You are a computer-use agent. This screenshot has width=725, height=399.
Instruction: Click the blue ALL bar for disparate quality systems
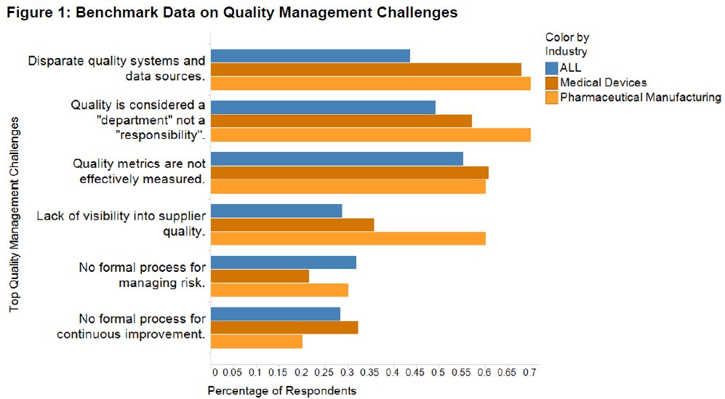(x=310, y=56)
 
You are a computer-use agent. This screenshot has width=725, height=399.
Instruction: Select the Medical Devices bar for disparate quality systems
(x=366, y=69)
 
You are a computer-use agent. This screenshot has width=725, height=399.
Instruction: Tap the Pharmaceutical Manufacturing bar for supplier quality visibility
(x=348, y=238)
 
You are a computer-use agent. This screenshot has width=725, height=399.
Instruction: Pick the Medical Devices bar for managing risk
(x=260, y=276)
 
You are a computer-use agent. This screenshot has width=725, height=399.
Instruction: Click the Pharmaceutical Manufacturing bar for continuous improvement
(x=256, y=342)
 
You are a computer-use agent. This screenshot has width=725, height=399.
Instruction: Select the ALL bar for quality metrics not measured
(x=337, y=159)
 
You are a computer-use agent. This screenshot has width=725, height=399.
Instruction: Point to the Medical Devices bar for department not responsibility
(x=341, y=121)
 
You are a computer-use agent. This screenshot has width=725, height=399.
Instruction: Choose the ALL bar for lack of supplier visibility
(x=276, y=211)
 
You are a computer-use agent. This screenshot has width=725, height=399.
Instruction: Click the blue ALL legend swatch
(x=551, y=68)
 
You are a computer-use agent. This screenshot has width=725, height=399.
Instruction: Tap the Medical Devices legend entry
(x=603, y=83)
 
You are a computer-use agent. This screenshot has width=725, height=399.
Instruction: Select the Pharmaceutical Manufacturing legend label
(x=640, y=97)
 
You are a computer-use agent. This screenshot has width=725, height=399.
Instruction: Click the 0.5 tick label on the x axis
(x=438, y=372)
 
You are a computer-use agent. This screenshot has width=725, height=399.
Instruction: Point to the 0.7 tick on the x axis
(x=529, y=372)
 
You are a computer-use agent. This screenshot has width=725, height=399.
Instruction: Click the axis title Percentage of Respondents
(x=282, y=391)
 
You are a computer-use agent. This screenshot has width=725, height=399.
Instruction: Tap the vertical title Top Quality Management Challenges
(x=14, y=211)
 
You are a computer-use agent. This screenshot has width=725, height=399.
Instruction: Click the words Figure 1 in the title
(x=34, y=12)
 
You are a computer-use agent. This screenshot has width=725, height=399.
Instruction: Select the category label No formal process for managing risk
(x=142, y=275)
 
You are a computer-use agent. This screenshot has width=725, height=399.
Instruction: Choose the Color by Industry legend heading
(x=566, y=44)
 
